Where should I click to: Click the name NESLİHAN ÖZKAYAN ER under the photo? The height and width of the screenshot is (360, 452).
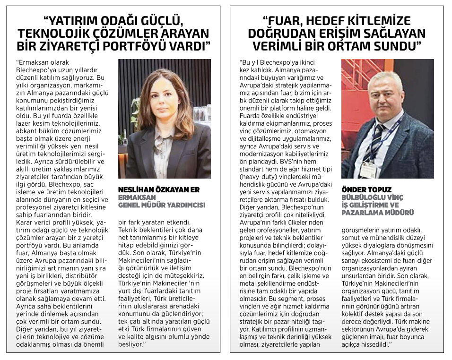point(158,190)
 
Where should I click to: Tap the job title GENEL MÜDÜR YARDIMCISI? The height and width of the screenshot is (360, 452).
point(161,205)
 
